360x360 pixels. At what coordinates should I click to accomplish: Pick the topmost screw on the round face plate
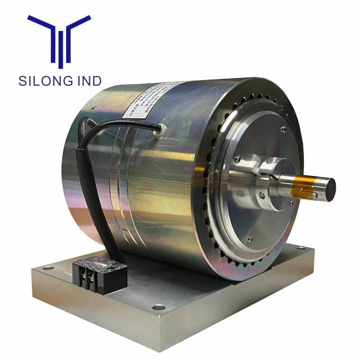[x=283, y=130]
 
